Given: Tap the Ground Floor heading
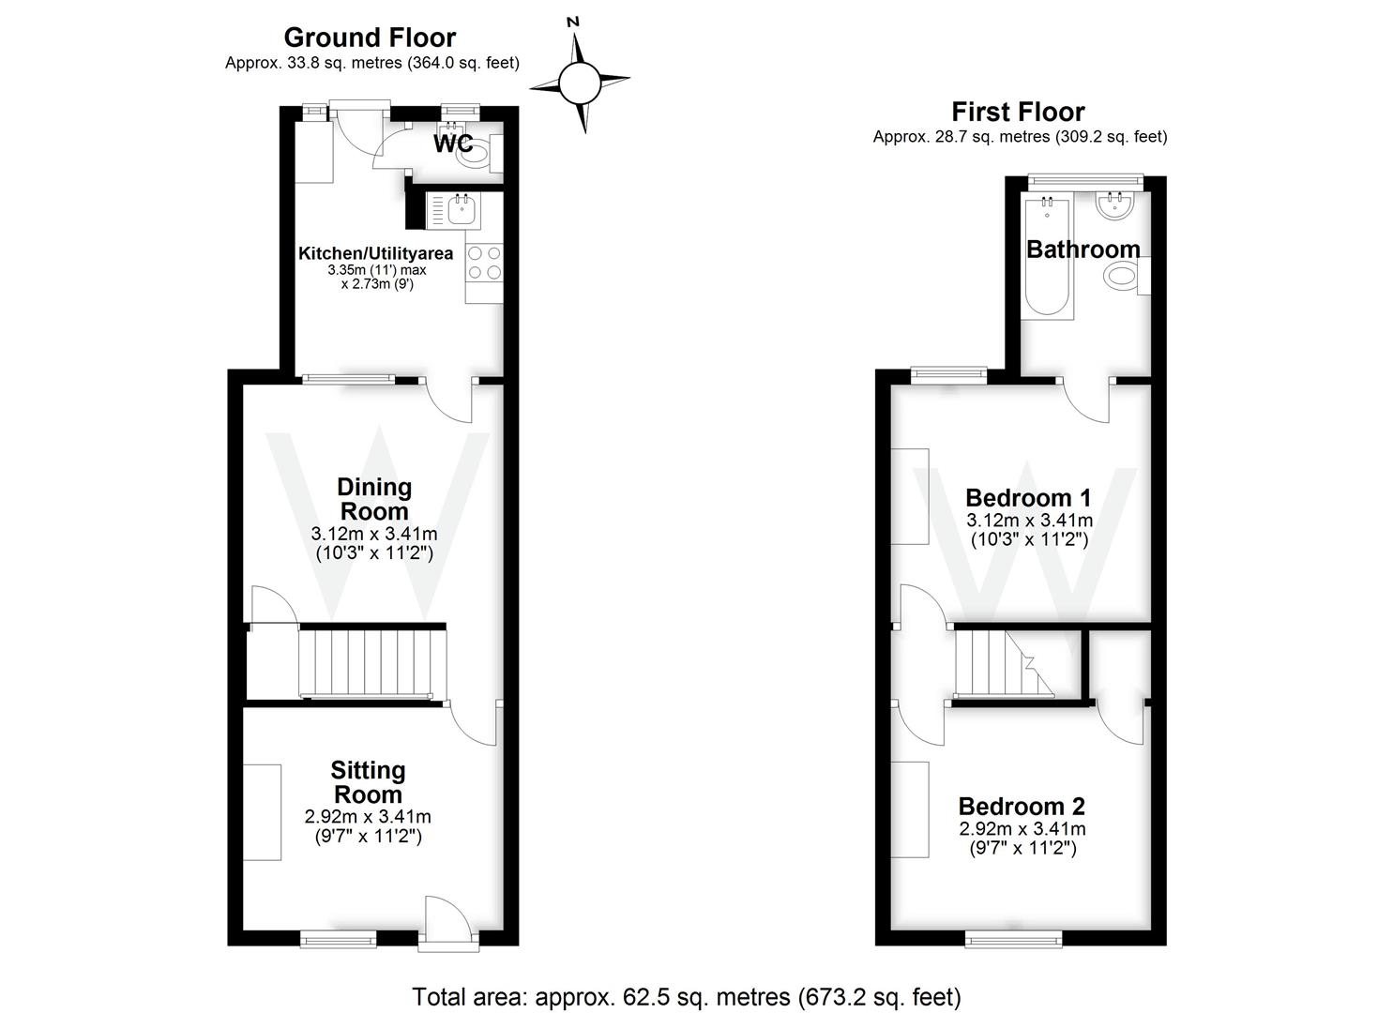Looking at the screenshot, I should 370,38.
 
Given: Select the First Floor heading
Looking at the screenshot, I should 1018,112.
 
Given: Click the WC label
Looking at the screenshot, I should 453,144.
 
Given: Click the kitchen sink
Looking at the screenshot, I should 461,211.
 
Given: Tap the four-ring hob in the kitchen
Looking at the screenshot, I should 484,263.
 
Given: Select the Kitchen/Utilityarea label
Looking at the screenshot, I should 375,253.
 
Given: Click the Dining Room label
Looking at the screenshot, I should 373,499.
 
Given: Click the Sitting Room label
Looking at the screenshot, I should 368,782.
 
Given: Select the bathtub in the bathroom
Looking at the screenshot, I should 1048,258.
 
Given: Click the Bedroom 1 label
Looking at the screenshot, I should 1028,497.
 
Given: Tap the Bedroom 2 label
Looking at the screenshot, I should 1022,806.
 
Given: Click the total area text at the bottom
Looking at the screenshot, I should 687,996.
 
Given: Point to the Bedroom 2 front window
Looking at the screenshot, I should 1014,937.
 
